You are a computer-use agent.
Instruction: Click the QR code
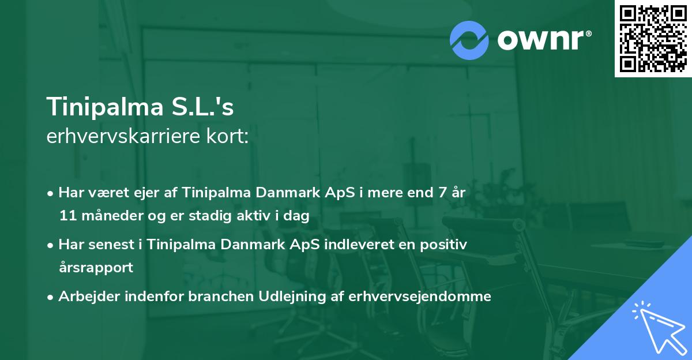point(653,39)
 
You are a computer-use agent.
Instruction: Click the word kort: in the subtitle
point(230,137)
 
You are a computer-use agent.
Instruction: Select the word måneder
point(104,216)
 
